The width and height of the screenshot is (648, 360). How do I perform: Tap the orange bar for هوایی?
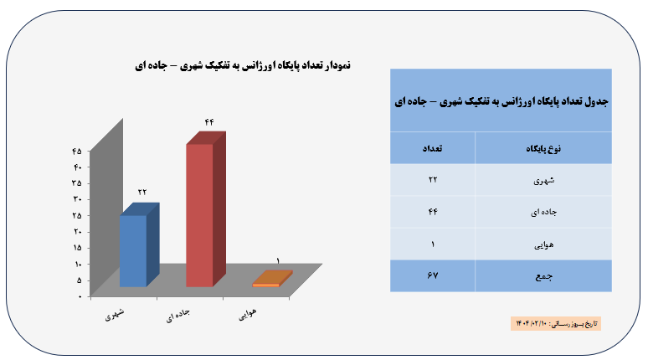coord(272,279)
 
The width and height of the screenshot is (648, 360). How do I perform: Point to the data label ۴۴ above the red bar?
coord(209,122)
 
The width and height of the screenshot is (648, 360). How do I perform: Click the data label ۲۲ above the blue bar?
coord(142,193)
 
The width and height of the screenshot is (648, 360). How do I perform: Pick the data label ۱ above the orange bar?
coord(278,261)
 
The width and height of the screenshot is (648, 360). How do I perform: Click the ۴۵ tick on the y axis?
coord(77,152)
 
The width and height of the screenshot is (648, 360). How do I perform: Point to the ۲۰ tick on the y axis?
coord(77,231)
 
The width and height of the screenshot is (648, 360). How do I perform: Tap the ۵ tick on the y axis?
coord(79,280)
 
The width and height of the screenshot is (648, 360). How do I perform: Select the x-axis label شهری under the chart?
coord(115,315)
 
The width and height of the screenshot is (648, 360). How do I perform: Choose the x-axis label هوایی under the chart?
coord(248,314)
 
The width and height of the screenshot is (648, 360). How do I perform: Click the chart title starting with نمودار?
coord(243,65)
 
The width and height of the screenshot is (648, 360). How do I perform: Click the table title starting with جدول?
coord(501,101)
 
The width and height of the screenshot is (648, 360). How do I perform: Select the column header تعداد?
coord(432,148)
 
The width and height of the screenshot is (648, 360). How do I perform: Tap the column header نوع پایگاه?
coord(543,149)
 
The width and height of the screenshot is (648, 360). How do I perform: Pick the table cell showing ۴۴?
coord(433,212)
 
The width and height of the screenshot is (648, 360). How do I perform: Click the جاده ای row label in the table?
coord(544,213)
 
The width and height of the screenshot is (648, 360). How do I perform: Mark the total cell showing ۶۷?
coord(433,275)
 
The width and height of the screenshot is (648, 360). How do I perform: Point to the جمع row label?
coord(544,276)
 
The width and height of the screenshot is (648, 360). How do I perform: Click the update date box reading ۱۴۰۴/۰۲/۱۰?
coord(556,324)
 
